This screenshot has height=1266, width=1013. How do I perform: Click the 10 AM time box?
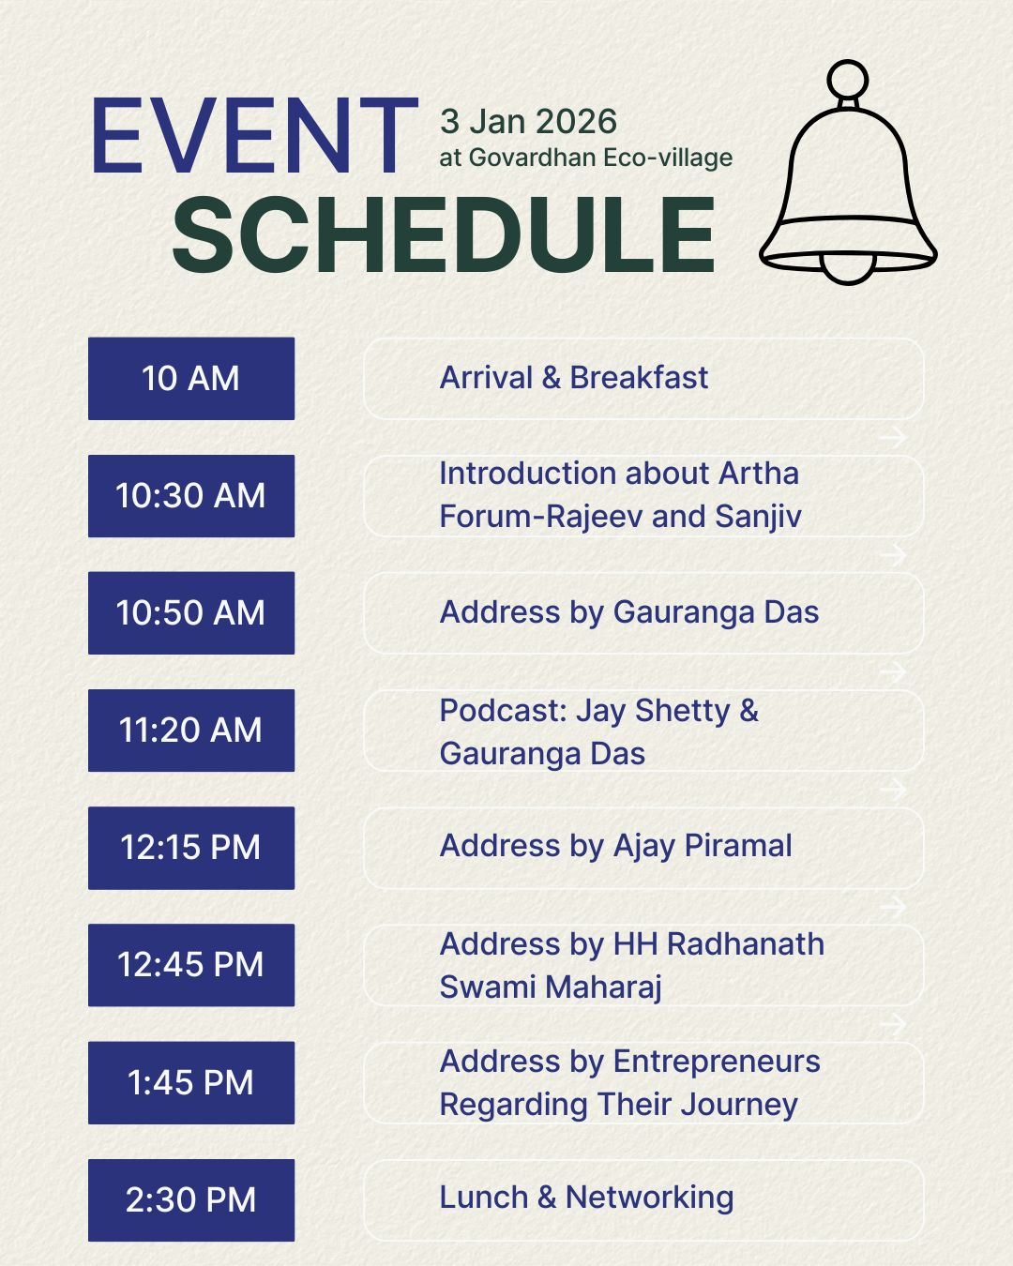pyautogui.click(x=191, y=379)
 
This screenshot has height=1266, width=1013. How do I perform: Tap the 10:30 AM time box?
pyautogui.click(x=191, y=496)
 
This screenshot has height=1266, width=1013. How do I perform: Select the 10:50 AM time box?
pyautogui.click(x=191, y=613)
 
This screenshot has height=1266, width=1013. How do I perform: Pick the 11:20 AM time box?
pyautogui.click(x=191, y=731)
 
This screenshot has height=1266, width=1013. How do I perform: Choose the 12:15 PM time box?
pyautogui.click(x=191, y=848)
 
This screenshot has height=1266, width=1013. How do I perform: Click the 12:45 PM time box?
pyautogui.click(x=191, y=965)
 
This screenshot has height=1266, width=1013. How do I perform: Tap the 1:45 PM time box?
pyautogui.click(x=191, y=1083)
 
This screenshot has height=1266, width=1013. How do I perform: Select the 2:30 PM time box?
pyautogui.click(x=191, y=1200)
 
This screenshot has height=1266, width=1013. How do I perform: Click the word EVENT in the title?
pyautogui.click(x=254, y=137)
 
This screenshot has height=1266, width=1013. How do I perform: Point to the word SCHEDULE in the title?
pyautogui.click(x=444, y=235)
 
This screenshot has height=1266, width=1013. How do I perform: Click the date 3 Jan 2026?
pyautogui.click(x=528, y=122)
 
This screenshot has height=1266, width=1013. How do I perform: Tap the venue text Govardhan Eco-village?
pyautogui.click(x=600, y=158)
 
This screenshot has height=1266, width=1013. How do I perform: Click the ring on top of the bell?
pyautogui.click(x=849, y=78)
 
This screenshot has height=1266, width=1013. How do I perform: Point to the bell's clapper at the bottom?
pyautogui.click(x=848, y=267)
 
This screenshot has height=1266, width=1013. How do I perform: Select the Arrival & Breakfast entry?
pyautogui.click(x=574, y=378)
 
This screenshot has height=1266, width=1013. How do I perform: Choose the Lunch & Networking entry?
pyautogui.click(x=586, y=1198)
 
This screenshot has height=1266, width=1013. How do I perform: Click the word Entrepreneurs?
pyautogui.click(x=717, y=1062)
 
